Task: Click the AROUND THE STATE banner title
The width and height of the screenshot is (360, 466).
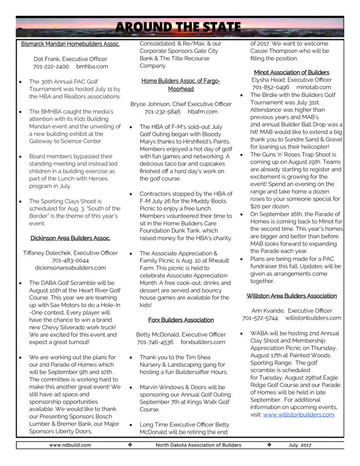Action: pyautogui.click(x=180, y=27)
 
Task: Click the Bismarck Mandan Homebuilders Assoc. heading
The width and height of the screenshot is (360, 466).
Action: pyautogui.click(x=70, y=45)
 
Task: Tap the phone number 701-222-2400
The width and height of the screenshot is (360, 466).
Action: pyautogui.click(x=52, y=67)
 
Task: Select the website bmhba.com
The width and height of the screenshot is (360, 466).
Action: pyautogui.click(x=92, y=67)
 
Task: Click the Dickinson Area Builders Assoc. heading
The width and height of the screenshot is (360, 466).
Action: pyautogui.click(x=70, y=238)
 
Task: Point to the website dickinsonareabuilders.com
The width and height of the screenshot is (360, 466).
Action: pyautogui.click(x=70, y=268)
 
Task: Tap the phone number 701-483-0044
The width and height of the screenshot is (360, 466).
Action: pyautogui.click(x=70, y=260)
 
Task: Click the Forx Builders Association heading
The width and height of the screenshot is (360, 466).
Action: pyautogui.click(x=181, y=320)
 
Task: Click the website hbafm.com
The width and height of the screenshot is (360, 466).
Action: pyautogui.click(x=202, y=112)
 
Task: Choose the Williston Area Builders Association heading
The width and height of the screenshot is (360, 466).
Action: pyautogui.click(x=292, y=296)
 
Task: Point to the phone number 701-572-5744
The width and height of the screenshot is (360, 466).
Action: pyautogui.click(x=260, y=318)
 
